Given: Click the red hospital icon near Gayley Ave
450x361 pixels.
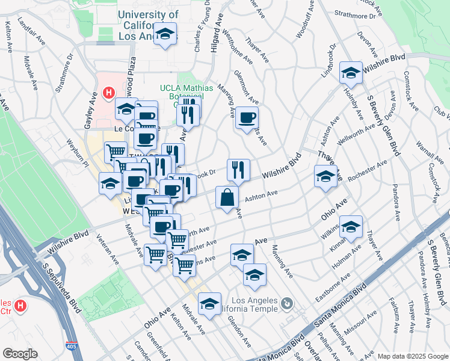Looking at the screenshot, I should (x=109, y=93).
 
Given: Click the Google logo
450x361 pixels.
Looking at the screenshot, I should (x=19, y=354).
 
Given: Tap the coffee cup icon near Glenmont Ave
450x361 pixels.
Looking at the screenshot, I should (x=247, y=118).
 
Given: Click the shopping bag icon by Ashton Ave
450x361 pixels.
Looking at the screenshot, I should (x=227, y=198).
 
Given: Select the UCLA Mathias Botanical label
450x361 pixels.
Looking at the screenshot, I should (x=186, y=92).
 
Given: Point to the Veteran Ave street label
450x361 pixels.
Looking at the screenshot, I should (x=106, y=248).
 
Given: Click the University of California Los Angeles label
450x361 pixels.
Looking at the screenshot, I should (x=148, y=25).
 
